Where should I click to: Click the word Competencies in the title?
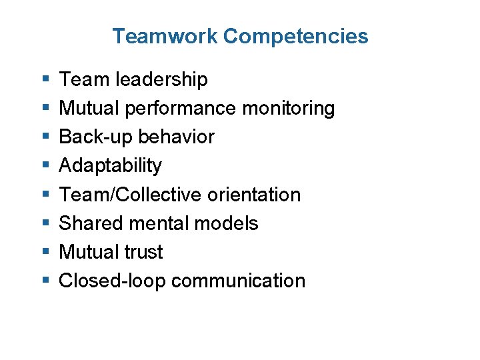click(x=295, y=37)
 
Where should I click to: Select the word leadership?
click(x=161, y=80)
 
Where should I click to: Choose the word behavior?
click(x=176, y=137)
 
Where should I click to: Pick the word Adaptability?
click(x=111, y=166)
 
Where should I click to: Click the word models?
click(x=230, y=223)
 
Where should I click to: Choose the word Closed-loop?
click(x=112, y=281)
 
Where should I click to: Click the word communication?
click(x=238, y=281)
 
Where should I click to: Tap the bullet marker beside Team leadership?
click(x=43, y=80)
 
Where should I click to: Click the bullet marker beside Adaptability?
click(x=43, y=166)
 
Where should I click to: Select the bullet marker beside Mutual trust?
click(x=43, y=252)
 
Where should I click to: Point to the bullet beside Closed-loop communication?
click(x=43, y=281)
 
